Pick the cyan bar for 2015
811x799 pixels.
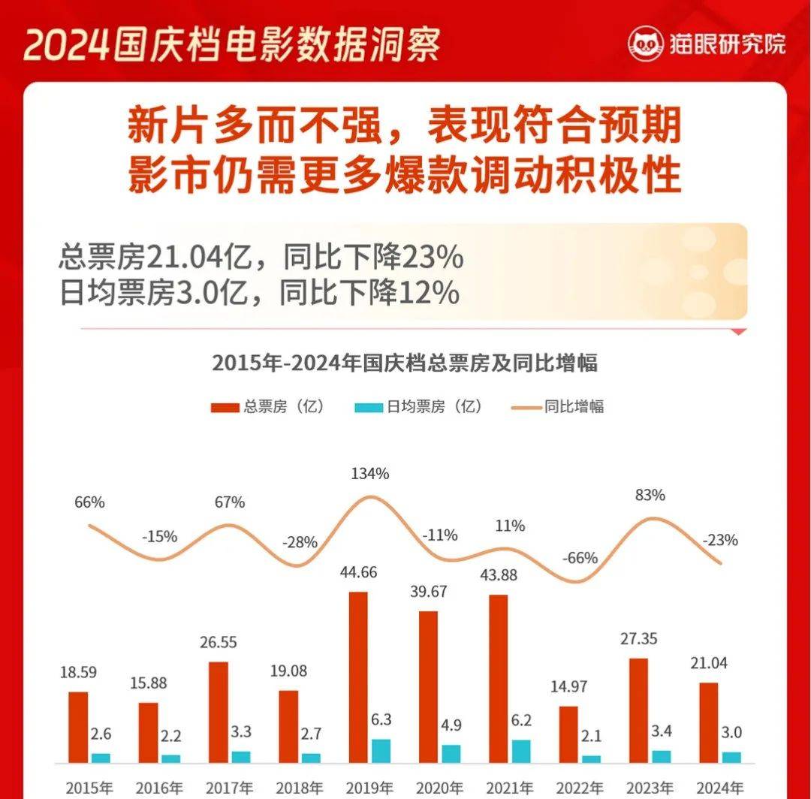tap(100, 758)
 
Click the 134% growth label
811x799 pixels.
tap(370, 474)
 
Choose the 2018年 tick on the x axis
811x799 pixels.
tap(299, 788)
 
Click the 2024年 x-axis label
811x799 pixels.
tap(719, 788)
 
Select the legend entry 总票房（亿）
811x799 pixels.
tap(269, 407)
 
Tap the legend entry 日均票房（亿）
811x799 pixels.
tap(421, 407)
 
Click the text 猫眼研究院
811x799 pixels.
tap(727, 44)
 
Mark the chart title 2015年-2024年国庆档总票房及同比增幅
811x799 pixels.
tap(405, 363)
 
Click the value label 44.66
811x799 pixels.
tap(358, 572)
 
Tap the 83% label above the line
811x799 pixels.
tap(649, 496)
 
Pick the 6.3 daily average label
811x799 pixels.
tap(382, 720)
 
